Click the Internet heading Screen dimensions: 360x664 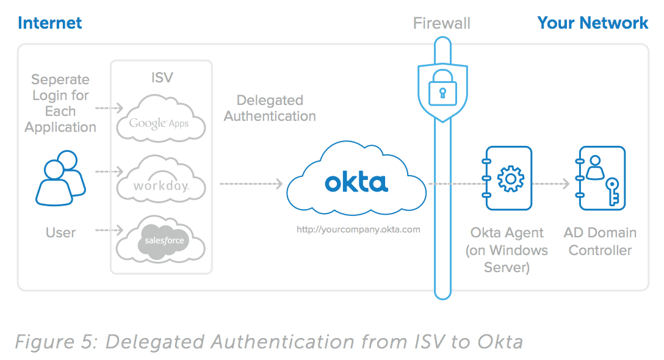50,23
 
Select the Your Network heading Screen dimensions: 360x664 593,23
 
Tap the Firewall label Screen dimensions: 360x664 442,24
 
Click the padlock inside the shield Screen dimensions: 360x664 442,92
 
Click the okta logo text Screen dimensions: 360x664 356,182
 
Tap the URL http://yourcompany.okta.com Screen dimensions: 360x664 358,230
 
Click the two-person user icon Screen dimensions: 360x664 60,178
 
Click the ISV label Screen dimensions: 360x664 161,77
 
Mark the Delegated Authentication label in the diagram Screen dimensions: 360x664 270,108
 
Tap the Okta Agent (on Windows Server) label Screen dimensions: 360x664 507,250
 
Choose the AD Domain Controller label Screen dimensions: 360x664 600,241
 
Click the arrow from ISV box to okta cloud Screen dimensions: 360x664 250,182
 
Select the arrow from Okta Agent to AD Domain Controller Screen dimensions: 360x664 551,183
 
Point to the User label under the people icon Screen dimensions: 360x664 61,232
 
